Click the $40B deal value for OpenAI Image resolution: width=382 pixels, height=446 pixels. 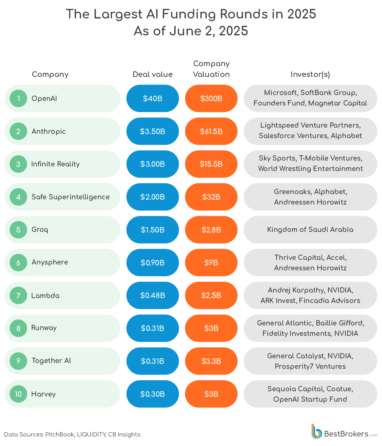click(x=152, y=98)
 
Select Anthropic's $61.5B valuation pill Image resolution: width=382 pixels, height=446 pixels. click(x=211, y=131)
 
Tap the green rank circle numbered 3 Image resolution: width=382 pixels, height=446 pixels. click(x=18, y=164)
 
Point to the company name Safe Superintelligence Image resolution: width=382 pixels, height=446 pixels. click(x=71, y=197)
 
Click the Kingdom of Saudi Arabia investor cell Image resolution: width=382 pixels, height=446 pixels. click(x=310, y=229)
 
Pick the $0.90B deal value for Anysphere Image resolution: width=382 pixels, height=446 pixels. click(x=152, y=263)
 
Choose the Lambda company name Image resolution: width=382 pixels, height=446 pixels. click(x=45, y=296)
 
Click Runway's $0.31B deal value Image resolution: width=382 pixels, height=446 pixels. click(x=152, y=328)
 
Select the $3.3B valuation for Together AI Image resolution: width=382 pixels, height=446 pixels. click(x=211, y=361)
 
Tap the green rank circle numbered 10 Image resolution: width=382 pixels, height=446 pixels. click(x=18, y=394)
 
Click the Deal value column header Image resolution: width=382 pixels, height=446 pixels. click(x=152, y=74)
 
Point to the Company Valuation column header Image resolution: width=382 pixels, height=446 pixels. click(x=211, y=69)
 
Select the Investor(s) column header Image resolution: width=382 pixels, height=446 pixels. click(x=310, y=74)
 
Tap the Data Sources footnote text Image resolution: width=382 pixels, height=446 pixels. click(x=72, y=434)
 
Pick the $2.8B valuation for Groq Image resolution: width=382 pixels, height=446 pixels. click(x=211, y=230)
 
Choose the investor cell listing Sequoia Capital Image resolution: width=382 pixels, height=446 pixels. click(x=310, y=394)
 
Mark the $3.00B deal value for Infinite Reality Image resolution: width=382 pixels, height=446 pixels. click(x=152, y=164)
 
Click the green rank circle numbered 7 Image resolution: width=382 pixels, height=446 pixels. click(x=18, y=296)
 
